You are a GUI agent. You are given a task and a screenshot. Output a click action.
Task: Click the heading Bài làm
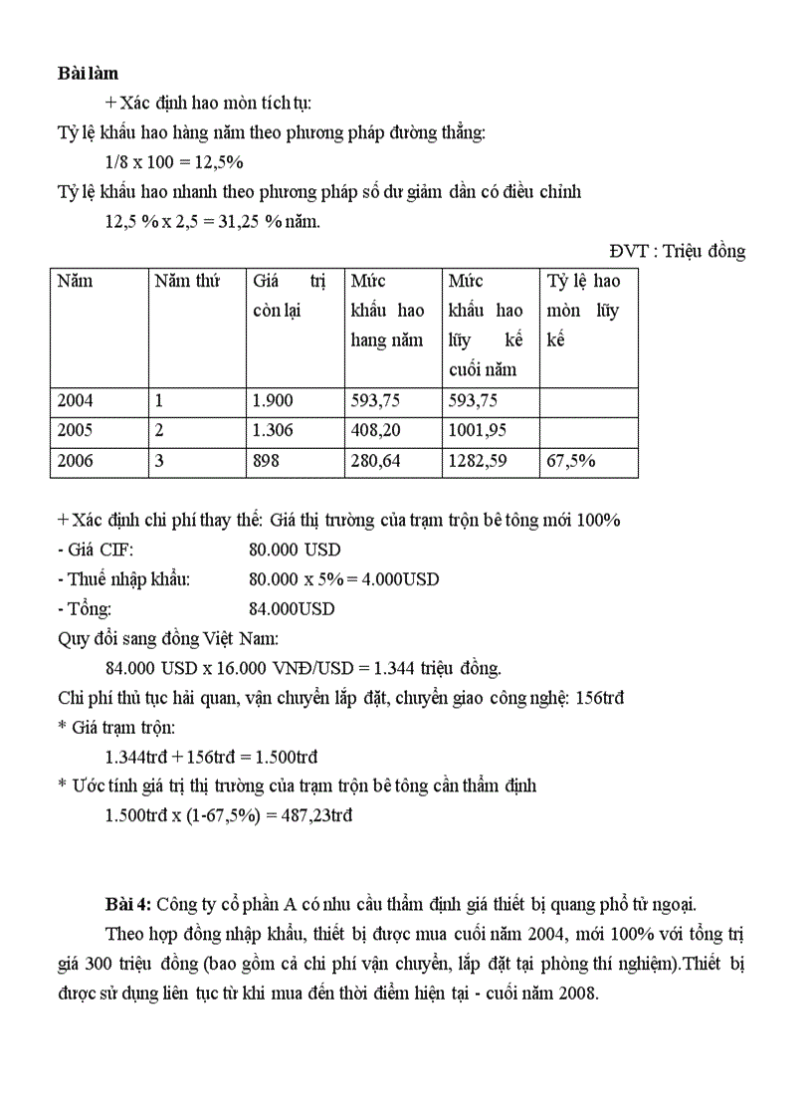88,73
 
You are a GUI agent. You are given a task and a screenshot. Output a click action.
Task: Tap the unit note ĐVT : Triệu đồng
677,251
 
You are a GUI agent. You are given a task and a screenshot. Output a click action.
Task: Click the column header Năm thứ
186,281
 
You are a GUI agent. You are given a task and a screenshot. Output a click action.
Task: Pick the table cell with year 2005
76,431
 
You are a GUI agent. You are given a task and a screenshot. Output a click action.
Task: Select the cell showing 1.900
274,401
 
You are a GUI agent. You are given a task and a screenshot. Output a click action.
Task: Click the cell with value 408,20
374,431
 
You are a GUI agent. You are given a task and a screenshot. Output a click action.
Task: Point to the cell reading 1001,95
479,431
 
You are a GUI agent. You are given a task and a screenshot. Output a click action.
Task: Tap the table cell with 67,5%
571,461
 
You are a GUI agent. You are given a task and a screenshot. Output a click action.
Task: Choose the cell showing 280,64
374,461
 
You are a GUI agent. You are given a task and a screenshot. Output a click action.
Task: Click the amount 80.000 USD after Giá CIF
295,549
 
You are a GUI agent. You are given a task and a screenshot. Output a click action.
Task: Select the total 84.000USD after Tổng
292,608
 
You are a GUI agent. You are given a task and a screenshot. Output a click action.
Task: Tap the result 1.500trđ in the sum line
280,757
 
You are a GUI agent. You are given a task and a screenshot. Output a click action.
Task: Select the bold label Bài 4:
128,904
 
